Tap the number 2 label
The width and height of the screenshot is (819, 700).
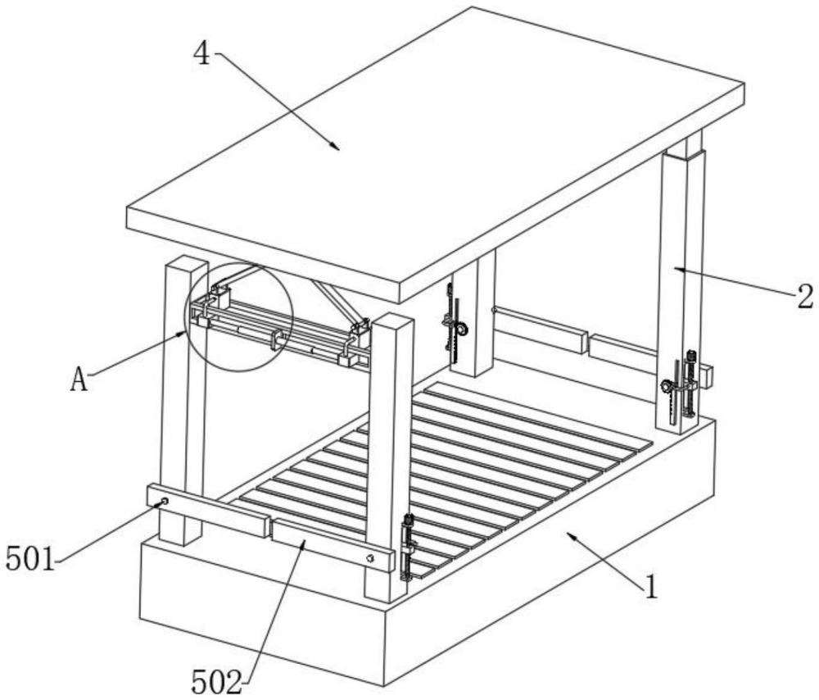(805, 295)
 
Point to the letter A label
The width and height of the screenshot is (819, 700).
(79, 380)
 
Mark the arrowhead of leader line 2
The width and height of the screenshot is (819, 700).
(676, 266)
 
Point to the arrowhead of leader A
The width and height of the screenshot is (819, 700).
(187, 331)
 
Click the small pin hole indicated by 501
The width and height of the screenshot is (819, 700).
(165, 501)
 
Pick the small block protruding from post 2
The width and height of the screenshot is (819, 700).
(704, 375)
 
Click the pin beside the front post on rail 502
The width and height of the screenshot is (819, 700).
(370, 559)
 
